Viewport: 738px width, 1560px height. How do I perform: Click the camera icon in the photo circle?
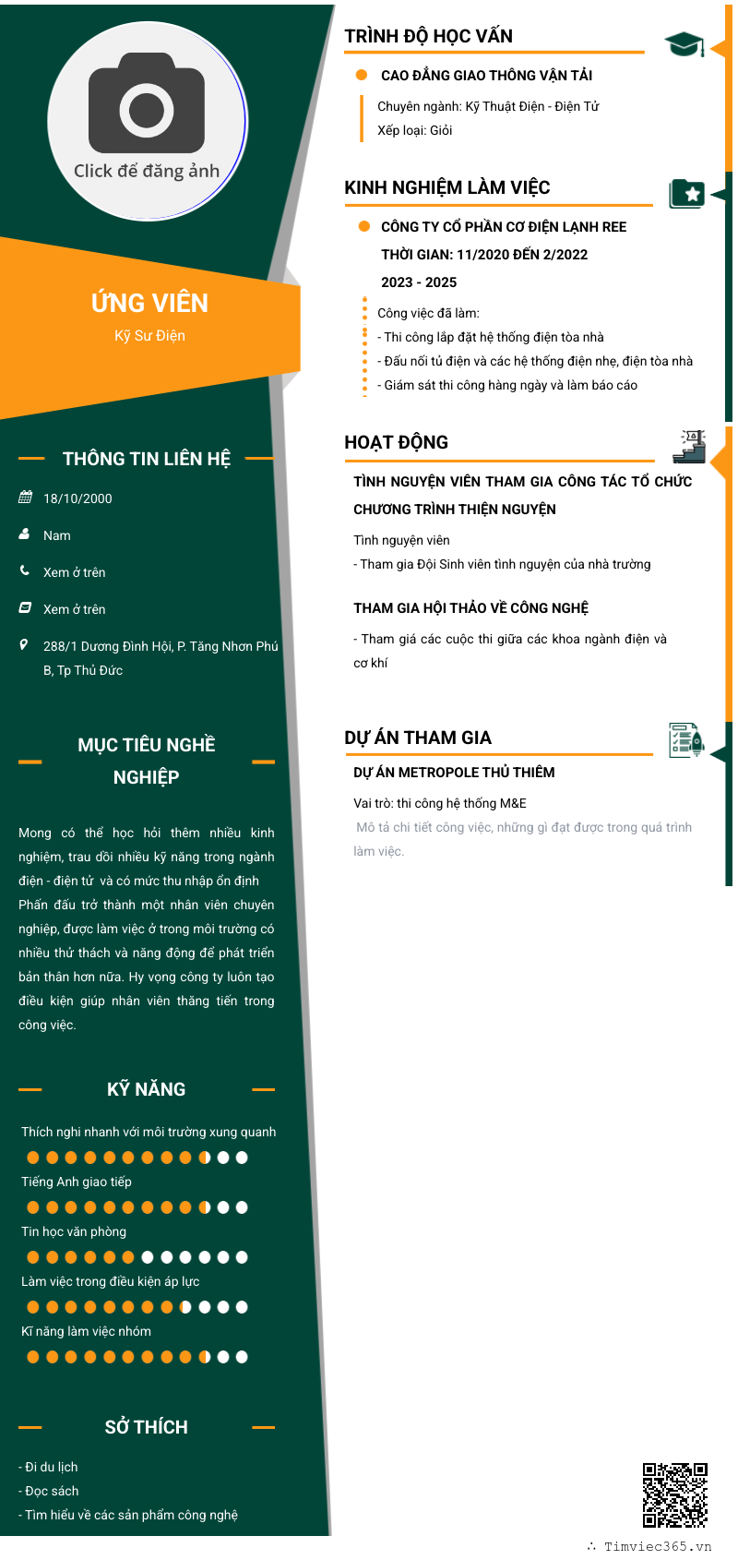click(146, 103)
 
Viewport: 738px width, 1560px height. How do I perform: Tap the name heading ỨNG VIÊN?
click(149, 302)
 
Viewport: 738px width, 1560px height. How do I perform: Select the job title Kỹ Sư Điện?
click(149, 336)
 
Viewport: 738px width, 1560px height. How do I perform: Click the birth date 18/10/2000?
click(77, 498)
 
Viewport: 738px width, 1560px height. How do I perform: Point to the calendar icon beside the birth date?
click(25, 497)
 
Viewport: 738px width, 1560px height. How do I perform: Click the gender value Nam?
click(56, 535)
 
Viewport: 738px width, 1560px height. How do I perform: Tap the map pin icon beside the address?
click(24, 645)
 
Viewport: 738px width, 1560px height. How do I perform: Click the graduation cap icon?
click(684, 44)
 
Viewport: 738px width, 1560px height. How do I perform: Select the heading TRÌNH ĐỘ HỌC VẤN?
click(428, 36)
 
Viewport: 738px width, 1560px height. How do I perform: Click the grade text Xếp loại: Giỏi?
click(414, 130)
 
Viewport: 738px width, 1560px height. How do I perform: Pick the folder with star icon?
click(686, 194)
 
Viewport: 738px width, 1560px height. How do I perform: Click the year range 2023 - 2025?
click(419, 282)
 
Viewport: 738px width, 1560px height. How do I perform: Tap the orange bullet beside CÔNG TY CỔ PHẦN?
click(363, 226)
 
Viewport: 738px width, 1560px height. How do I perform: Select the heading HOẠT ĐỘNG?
click(396, 442)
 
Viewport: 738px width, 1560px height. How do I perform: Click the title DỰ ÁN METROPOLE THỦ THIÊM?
click(454, 773)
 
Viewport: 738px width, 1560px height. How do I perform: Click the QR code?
click(674, 1495)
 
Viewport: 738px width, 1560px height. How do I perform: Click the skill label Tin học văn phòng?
click(74, 1231)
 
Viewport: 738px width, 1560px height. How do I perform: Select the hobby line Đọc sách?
click(49, 1491)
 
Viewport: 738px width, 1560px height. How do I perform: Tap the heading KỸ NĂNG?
click(146, 1089)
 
